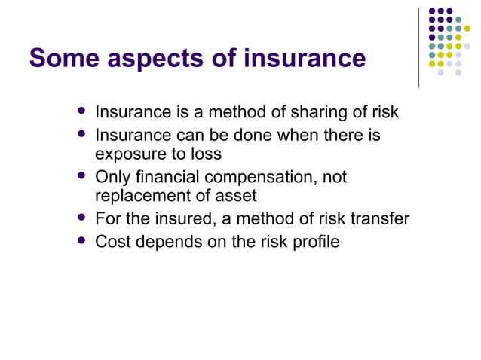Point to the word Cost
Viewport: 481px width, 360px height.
112,243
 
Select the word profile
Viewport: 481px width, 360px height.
314,243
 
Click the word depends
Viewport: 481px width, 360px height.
167,243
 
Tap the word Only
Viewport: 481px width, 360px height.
112,178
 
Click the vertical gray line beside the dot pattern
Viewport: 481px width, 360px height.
418,45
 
